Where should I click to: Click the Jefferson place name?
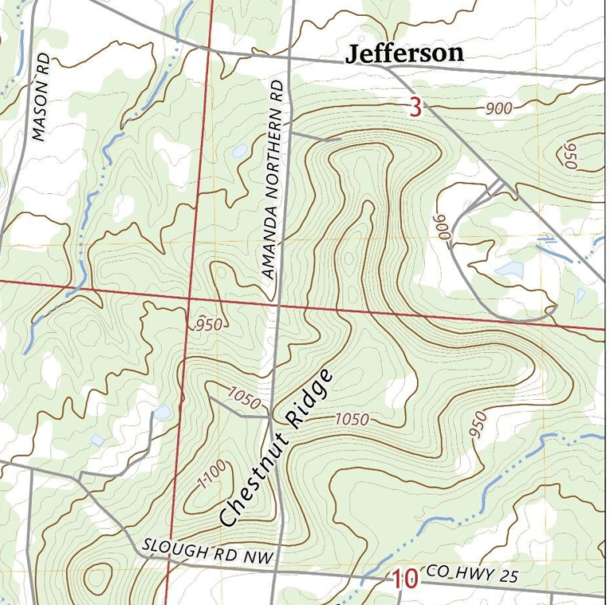click(x=404, y=53)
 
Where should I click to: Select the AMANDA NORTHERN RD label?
click(x=272, y=179)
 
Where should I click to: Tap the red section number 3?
click(x=415, y=107)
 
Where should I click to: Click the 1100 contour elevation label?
click(x=206, y=479)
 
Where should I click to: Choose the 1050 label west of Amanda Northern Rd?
click(x=243, y=398)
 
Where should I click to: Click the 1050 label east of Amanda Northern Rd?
click(x=351, y=418)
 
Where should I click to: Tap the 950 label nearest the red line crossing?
click(x=208, y=324)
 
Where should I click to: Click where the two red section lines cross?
click(x=191, y=298)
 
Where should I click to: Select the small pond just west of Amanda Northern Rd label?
click(x=239, y=150)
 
